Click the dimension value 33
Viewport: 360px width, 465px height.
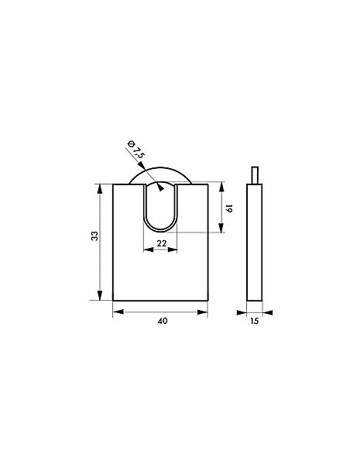point(94,236)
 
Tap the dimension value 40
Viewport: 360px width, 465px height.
point(163,321)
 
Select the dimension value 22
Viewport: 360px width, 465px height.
point(162,243)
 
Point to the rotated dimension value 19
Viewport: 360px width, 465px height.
point(229,208)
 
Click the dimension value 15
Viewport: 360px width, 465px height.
point(255,321)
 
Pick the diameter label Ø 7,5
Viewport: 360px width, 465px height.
point(135,150)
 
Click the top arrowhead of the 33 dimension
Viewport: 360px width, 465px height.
point(100,189)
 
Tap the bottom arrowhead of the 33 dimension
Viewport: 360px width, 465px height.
point(100,295)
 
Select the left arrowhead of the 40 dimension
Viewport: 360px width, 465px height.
point(118,312)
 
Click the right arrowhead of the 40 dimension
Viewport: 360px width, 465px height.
point(203,312)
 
